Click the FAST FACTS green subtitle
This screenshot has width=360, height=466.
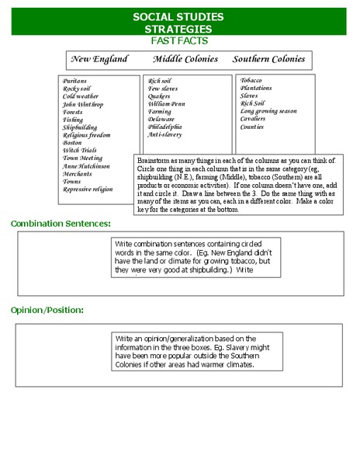pos(178,40)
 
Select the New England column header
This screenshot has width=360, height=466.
pos(99,59)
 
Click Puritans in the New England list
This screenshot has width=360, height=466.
pos(75,81)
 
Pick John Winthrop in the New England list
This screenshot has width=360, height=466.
pos(83,104)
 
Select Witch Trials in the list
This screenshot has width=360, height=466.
pos(79,150)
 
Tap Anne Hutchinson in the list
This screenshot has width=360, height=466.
pos(86,165)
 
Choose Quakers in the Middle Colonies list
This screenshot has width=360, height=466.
pos(160,96)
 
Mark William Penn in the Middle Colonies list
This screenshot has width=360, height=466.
pos(166,104)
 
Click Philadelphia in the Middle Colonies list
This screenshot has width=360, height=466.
pos(164,127)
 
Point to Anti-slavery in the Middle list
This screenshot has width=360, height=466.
pos(164,134)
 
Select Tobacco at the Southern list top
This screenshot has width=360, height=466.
pos(251,80)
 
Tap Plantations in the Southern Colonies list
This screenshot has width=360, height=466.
pos(256,88)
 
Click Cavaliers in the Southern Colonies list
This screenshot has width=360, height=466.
pos(253,119)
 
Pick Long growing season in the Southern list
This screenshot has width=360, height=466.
pos(268,111)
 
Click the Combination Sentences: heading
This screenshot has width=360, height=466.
pos(61,224)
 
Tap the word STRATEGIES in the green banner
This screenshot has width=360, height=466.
pos(178,28)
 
